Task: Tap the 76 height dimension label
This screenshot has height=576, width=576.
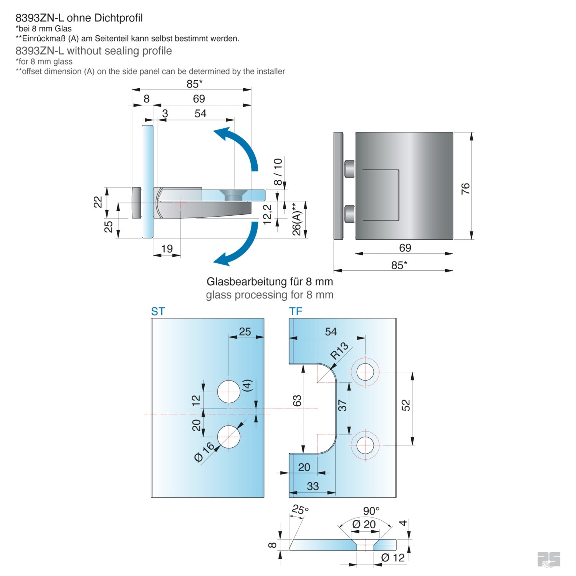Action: tap(465, 189)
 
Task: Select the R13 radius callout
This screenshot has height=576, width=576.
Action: tap(339, 351)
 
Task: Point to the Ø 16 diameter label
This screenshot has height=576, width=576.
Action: tap(204, 452)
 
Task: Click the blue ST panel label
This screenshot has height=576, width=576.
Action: tap(158, 311)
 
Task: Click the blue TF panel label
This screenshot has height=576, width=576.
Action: tap(296, 311)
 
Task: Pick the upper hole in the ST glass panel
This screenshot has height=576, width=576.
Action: tap(228, 392)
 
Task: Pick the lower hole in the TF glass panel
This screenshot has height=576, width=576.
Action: tap(365, 445)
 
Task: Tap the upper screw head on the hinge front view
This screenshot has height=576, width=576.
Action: tap(349, 169)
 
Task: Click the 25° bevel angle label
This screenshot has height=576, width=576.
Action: tap(300, 510)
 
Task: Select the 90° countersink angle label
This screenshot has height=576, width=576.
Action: tap(371, 511)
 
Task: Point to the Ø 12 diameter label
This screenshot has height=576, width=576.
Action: tap(393, 558)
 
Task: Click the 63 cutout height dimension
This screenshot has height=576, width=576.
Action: tap(297, 401)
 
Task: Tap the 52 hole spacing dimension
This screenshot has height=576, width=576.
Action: tap(406, 405)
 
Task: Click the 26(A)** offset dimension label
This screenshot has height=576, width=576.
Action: tap(296, 219)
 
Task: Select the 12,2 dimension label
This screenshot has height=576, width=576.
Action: tap(267, 214)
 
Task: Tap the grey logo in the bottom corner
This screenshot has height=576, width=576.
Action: tap(549, 559)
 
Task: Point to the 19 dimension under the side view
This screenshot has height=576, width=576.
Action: tap(167, 248)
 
